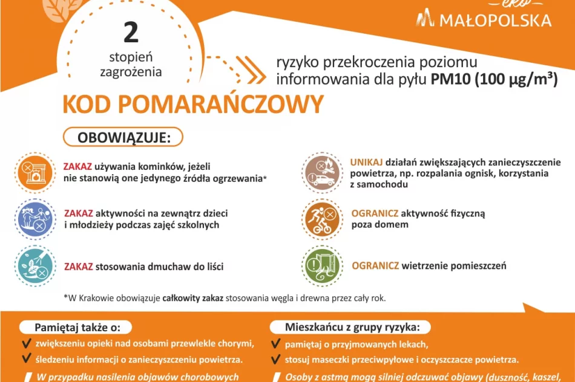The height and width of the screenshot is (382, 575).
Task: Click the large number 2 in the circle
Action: point(131,33)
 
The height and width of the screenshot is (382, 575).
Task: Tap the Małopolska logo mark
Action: point(426,18)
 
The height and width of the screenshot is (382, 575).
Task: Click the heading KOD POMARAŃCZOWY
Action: point(192,105)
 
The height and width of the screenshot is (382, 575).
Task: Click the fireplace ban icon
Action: point(34,172)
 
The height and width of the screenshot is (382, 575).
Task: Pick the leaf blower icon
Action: point(34,265)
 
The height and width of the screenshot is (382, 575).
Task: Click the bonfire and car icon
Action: point(322,172)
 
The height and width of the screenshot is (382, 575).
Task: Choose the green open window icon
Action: point(322,265)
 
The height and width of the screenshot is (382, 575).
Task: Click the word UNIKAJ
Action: point(366,163)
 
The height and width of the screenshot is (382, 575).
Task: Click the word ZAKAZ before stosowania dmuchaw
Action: point(78,266)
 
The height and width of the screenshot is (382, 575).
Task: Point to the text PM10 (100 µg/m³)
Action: point(494,79)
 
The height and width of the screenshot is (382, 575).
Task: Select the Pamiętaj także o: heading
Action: point(74,327)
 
